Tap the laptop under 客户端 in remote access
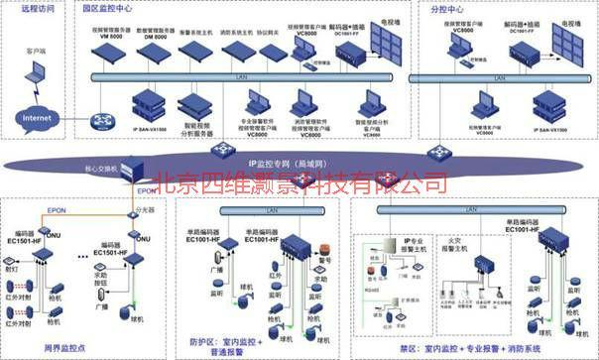36,71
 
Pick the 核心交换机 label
104,170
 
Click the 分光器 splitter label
146,211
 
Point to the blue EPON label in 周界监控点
57,210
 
